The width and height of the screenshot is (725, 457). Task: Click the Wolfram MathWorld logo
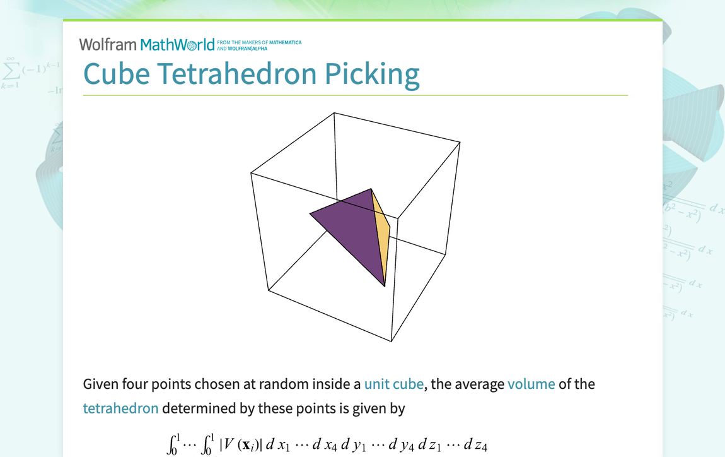147,44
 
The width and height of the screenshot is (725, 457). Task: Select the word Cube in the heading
117,74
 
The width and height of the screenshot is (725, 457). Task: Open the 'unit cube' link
394,384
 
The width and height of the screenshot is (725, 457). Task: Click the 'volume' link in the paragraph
531,384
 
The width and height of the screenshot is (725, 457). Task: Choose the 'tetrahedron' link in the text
120,408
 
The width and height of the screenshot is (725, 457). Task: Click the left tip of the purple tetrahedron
310,213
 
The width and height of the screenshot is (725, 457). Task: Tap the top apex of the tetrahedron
371,188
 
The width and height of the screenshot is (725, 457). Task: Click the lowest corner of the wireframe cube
391,341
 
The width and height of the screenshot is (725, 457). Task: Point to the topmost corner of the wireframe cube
334,113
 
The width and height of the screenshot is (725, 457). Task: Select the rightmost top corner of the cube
460,143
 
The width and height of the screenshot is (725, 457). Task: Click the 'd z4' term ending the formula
476,445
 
